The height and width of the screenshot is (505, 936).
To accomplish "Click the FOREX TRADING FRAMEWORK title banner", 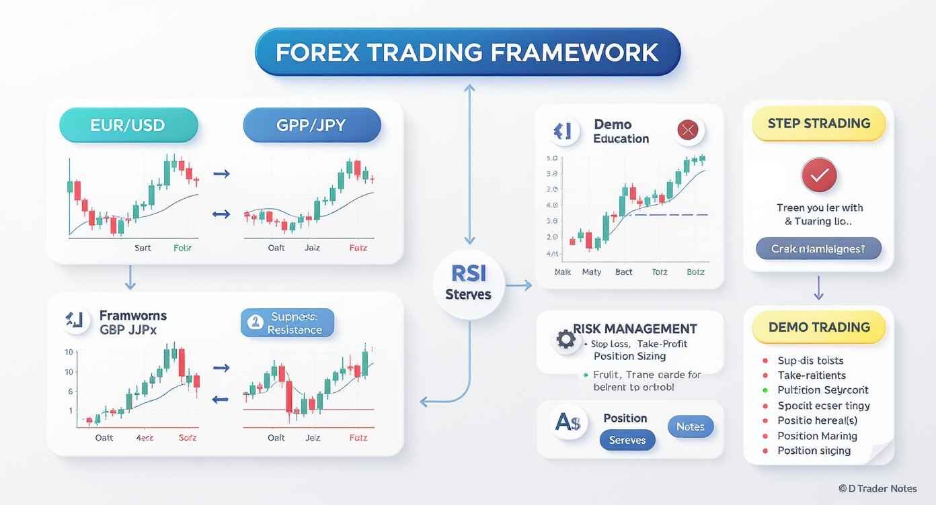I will (468, 52).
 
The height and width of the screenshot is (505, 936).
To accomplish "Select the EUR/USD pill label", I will (128, 125).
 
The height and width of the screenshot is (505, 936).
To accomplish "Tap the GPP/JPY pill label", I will (311, 125).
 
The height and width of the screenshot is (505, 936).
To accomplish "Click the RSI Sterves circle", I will (469, 283).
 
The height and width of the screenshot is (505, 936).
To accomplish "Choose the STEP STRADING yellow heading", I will (818, 124).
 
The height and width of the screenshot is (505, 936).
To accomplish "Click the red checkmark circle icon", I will (818, 177).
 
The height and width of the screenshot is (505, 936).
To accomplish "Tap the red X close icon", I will (687, 130).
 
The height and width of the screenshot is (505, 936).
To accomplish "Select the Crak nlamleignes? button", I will (818, 248).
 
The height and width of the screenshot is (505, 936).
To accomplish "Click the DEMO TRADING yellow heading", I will (818, 328).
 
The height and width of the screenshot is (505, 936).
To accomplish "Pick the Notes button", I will (690, 426).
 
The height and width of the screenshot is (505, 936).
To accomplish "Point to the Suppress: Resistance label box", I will (287, 323).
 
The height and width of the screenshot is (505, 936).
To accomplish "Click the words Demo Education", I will (621, 132).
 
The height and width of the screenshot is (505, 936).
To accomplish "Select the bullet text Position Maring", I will (816, 436).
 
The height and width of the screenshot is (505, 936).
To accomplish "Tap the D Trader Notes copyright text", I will (877, 489).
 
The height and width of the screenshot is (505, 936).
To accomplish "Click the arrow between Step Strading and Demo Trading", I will (818, 287).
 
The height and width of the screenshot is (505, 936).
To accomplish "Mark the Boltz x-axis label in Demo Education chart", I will (695, 272).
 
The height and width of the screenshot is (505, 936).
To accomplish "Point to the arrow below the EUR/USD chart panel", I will (130, 277).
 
